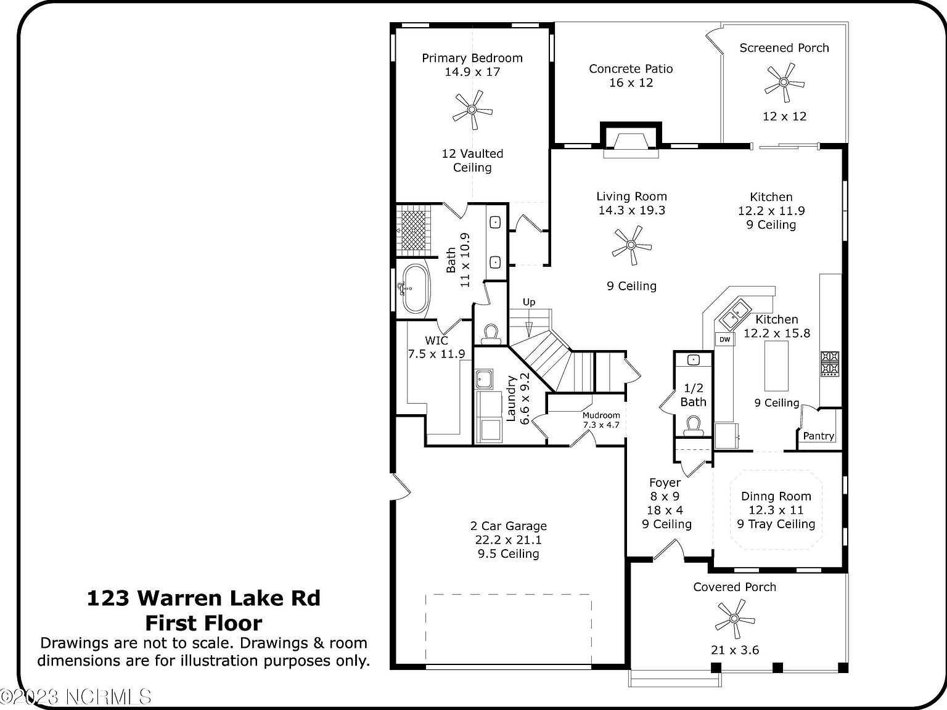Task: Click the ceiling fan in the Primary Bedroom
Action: (x=472, y=110)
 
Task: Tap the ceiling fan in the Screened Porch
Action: (x=784, y=82)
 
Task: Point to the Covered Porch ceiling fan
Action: (x=734, y=619)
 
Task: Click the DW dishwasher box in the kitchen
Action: (x=724, y=340)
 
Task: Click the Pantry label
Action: (x=818, y=436)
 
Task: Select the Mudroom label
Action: (x=601, y=415)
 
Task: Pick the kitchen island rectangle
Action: (x=776, y=365)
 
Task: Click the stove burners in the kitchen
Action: (x=829, y=363)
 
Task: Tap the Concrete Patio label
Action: (x=631, y=69)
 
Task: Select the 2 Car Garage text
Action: (x=508, y=526)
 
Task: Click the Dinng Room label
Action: (x=776, y=496)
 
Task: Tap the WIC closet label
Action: (x=436, y=341)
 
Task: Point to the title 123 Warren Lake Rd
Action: (x=203, y=598)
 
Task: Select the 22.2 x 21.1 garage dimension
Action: (x=508, y=540)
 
